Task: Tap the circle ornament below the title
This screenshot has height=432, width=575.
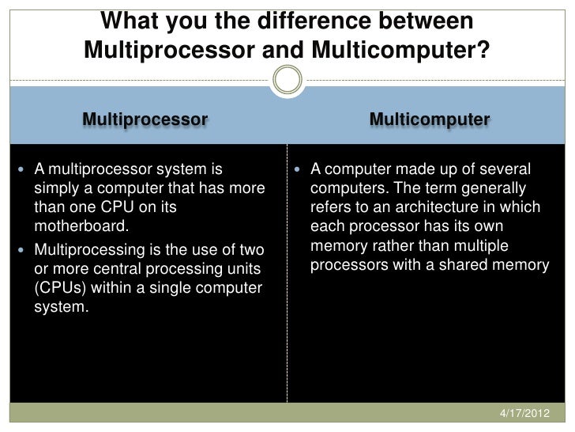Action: coord(287,80)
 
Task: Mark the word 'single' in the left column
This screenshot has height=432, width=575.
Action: coord(173,286)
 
